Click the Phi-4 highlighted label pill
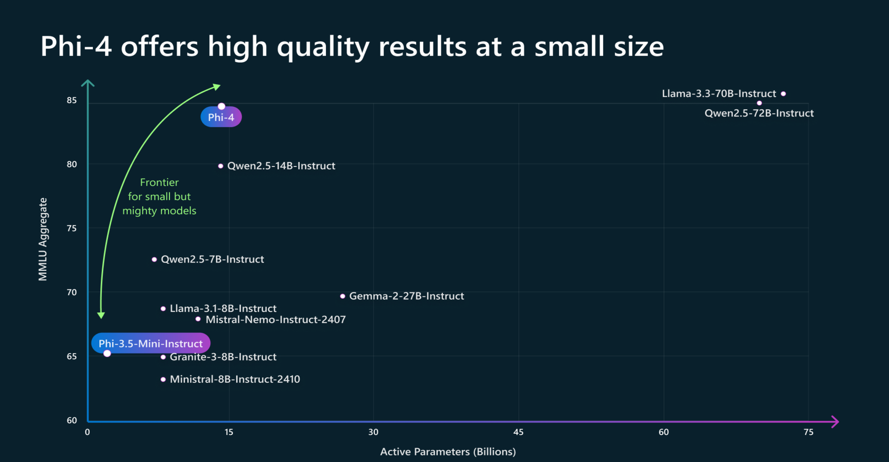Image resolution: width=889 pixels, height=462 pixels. pos(221,117)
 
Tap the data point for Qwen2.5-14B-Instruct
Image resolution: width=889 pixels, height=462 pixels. pos(220,166)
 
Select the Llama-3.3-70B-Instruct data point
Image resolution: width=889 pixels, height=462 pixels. pos(783,94)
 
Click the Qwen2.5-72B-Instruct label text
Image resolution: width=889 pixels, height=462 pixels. pos(759,113)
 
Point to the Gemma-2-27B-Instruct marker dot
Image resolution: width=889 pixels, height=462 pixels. pos(342,296)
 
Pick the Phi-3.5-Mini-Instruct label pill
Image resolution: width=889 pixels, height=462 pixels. pos(150,343)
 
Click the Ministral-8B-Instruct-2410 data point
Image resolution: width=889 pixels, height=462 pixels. pos(163,379)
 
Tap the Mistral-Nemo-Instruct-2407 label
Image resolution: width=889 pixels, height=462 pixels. pos(275,319)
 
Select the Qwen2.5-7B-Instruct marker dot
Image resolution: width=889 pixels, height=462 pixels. pos(154,259)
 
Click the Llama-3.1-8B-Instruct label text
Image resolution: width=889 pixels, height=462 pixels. pos(223,308)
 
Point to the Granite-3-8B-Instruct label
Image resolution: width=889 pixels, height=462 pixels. pos(223,357)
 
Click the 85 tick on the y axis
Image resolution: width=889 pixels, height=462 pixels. pos(72,100)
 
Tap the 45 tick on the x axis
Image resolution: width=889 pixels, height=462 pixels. pos(518,432)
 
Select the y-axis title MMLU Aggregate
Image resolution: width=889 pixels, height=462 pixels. pos(43,239)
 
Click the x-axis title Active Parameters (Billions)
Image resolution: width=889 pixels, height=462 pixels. pos(448,452)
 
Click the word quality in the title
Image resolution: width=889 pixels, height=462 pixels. pos(323,47)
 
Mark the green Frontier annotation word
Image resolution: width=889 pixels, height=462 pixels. pos(159,183)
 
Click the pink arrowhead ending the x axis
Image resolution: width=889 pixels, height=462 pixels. pos(835,422)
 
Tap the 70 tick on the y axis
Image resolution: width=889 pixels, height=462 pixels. pos(72,292)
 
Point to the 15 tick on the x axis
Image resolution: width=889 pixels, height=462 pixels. pos(228,432)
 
